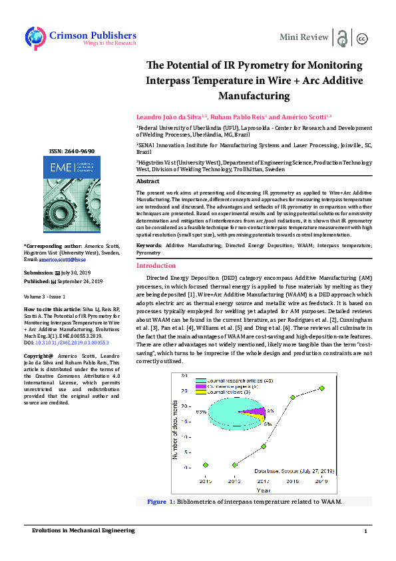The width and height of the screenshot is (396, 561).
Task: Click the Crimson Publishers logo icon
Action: pos(35,37)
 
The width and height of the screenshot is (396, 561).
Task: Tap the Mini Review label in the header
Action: pos(304,37)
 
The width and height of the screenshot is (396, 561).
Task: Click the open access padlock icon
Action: pos(342,37)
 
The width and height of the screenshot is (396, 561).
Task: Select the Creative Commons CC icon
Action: pos(363,38)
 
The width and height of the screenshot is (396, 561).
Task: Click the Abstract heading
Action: pos(148,181)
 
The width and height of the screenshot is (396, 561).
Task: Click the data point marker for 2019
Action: pos(321,388)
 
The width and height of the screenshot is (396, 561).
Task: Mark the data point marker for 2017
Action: pos(264,446)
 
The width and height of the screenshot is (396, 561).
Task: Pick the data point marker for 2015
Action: pos(206,464)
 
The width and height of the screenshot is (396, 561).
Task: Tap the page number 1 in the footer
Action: pos(365,531)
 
